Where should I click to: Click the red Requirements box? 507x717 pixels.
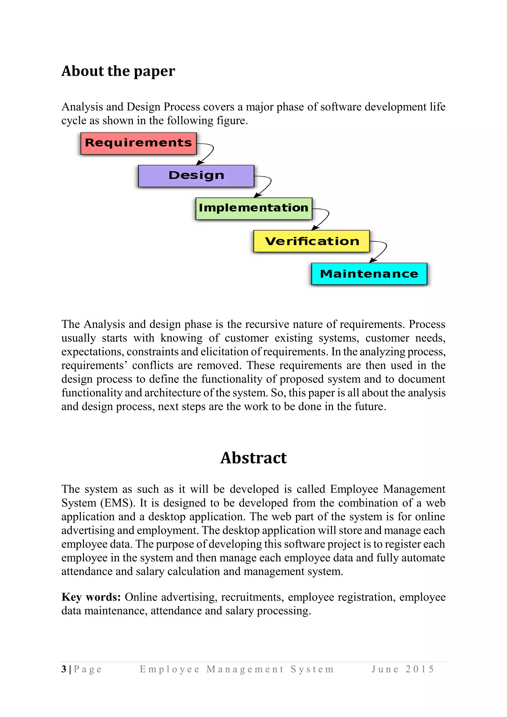138,143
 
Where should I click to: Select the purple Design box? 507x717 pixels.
196,176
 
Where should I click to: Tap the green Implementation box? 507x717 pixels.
253,208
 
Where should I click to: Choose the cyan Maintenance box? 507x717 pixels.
369,274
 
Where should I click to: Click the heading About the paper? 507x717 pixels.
118,71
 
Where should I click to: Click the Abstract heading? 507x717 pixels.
253,458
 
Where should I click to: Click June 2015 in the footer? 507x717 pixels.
403,669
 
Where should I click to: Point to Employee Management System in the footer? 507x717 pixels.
237,669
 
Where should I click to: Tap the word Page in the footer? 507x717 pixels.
88,669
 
